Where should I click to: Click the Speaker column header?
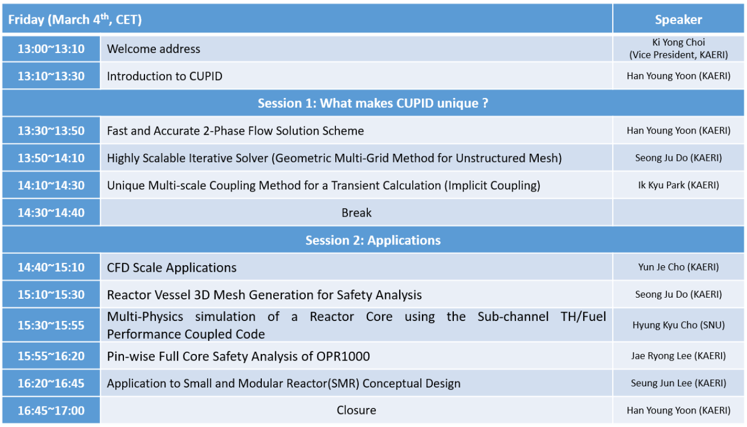point(678,19)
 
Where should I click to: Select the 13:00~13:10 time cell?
point(51,49)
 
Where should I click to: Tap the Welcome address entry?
point(154,49)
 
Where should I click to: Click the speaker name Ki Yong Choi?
point(678,42)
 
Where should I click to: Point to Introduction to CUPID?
point(164,76)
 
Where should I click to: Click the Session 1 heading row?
point(373,103)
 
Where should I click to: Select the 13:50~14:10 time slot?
point(51,158)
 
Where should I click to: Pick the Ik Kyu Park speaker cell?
point(678,185)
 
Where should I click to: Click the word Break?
point(356,213)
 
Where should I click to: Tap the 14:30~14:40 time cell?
point(51,213)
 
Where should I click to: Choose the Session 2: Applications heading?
point(373,240)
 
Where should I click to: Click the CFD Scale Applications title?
point(171,267)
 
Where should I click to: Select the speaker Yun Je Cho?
point(678,267)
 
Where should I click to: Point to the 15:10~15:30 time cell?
point(51,294)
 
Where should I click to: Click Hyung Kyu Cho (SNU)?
point(678,325)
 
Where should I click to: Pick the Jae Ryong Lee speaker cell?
point(678,356)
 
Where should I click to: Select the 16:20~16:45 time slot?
point(51,383)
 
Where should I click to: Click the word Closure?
point(356,410)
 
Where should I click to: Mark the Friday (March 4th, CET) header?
point(75,19)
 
